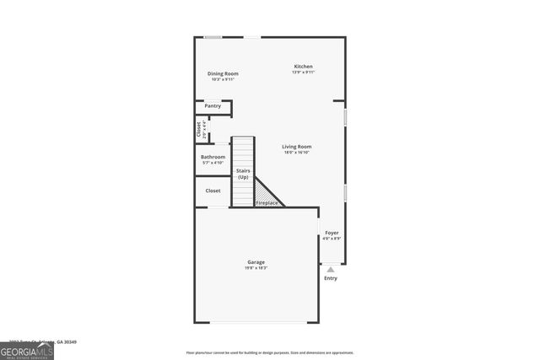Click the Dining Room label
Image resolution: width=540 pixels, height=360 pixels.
click(x=223, y=73)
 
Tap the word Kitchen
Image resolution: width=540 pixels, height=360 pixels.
click(x=303, y=67)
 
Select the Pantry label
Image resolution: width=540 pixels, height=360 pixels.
click(x=213, y=106)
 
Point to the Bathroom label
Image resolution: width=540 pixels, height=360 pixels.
click(x=213, y=157)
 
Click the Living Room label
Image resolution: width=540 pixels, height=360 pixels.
click(x=297, y=147)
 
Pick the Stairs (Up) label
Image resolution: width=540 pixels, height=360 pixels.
click(x=243, y=174)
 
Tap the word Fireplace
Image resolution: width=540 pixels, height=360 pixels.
click(x=267, y=203)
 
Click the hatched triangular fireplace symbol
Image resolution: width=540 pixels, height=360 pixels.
click(x=267, y=192)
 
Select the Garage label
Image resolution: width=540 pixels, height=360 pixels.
click(x=256, y=262)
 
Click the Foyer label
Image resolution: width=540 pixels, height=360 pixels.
click(x=332, y=233)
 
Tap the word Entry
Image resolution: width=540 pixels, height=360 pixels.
click(x=331, y=278)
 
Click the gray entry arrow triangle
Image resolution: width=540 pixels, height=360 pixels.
click(x=331, y=270)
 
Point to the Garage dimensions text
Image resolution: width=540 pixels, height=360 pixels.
click(x=256, y=268)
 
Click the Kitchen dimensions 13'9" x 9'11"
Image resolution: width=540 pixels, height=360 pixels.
click(x=303, y=73)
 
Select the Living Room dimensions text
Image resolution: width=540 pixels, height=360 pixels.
click(x=297, y=153)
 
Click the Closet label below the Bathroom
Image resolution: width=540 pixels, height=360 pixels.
click(x=213, y=191)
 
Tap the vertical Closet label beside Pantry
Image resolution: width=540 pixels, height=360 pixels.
click(x=199, y=130)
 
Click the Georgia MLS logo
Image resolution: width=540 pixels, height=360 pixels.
click(x=26, y=349)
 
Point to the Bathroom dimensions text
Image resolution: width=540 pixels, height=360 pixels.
click(x=213, y=163)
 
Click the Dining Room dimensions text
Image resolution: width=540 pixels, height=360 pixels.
click(x=223, y=79)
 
